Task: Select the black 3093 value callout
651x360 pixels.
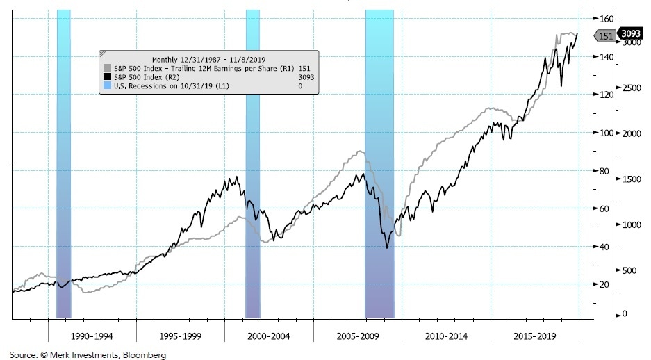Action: tap(631, 33)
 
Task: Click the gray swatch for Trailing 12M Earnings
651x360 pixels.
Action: tap(107, 69)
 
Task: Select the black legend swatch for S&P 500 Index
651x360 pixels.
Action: tap(107, 77)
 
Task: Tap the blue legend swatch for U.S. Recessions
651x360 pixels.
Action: tap(107, 85)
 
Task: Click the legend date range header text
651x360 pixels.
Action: tap(208, 60)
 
